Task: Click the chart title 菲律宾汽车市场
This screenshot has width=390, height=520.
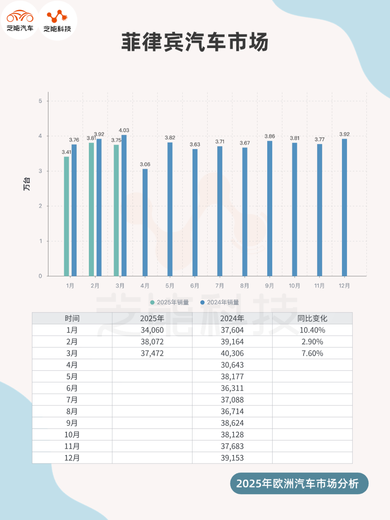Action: [195, 42]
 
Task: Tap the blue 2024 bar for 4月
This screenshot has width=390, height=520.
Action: [145, 222]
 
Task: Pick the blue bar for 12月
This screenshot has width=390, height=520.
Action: [344, 207]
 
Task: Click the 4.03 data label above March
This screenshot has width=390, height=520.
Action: [124, 130]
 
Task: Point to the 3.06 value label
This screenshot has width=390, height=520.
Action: [145, 164]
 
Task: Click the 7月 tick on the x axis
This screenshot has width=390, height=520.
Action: [220, 286]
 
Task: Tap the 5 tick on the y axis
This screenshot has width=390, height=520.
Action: [40, 101]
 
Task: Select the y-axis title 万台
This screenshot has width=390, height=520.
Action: [27, 184]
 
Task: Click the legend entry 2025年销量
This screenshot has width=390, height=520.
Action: [169, 302]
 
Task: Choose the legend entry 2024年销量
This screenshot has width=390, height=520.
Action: [220, 302]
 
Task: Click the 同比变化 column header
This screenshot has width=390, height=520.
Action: [312, 318]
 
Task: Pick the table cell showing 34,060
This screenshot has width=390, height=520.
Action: [152, 330]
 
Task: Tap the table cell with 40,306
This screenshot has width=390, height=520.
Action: [232, 353]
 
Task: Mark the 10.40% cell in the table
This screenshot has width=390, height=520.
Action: [312, 330]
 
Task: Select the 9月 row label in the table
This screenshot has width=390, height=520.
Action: [72, 423]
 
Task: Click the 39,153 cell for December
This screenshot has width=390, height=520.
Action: [232, 458]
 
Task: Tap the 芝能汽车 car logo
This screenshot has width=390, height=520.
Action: [20, 20]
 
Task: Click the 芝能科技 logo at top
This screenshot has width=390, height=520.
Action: [57, 21]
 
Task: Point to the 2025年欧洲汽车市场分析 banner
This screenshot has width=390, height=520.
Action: [299, 484]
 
